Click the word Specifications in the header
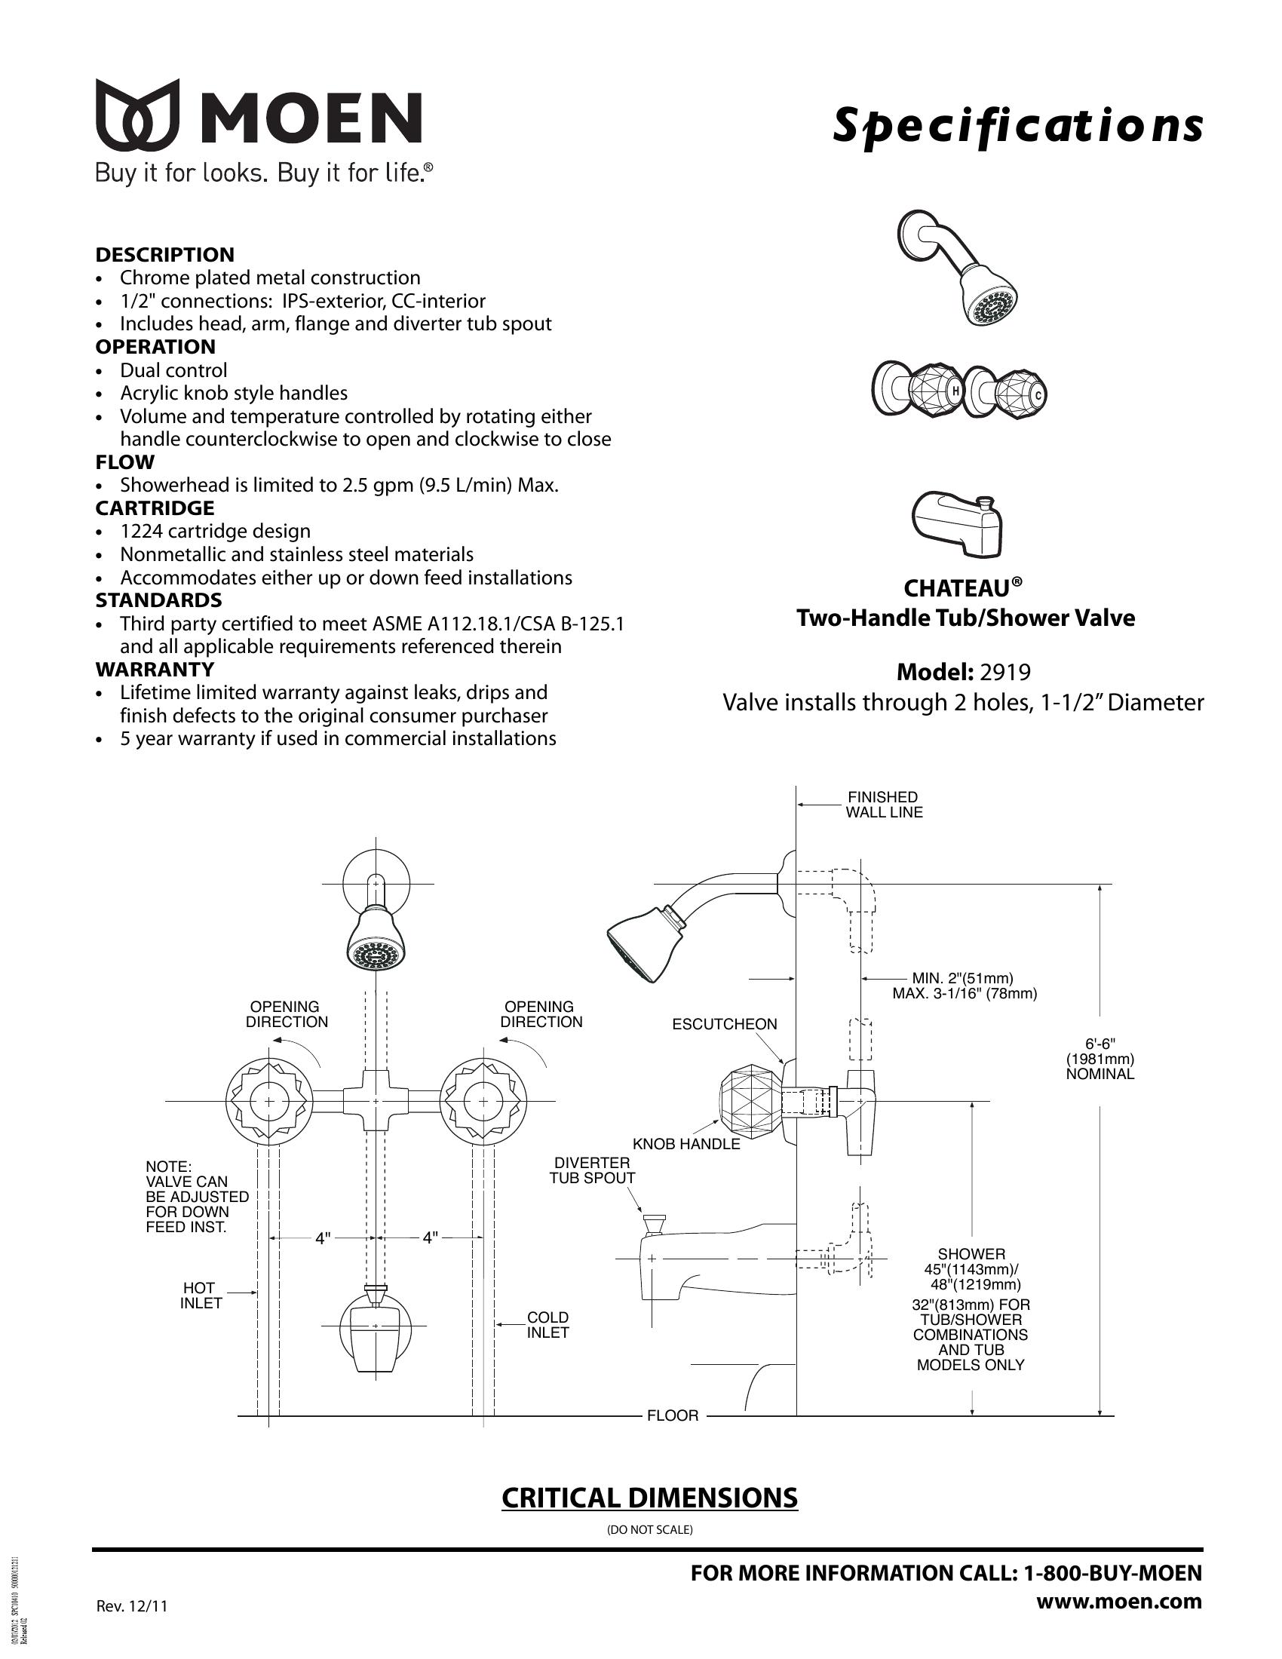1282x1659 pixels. [1018, 125]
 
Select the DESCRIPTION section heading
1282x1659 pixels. [165, 254]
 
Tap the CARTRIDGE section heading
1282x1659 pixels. [155, 508]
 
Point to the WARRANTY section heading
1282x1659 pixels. [155, 669]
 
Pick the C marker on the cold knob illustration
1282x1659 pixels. [1039, 394]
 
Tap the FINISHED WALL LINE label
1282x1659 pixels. [884, 805]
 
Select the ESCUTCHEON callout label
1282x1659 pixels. [725, 1024]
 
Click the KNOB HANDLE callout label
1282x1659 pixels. [685, 1144]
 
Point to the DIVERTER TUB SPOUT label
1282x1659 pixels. [593, 1170]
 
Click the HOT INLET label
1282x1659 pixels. [201, 1295]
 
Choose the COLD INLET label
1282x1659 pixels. [547, 1325]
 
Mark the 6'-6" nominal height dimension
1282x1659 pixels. [1100, 1059]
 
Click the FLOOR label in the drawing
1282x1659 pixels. [672, 1415]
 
